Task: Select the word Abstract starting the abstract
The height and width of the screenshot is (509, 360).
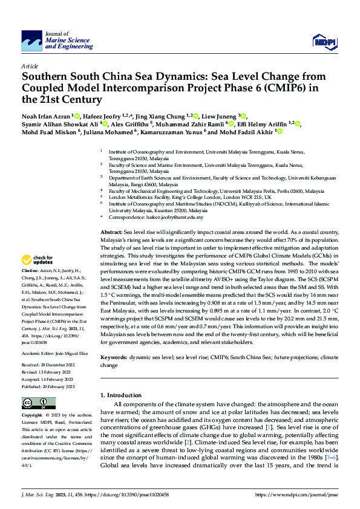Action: (111, 232)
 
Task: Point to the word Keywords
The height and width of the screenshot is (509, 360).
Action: (113, 358)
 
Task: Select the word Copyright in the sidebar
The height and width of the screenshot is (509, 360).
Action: (33, 416)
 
